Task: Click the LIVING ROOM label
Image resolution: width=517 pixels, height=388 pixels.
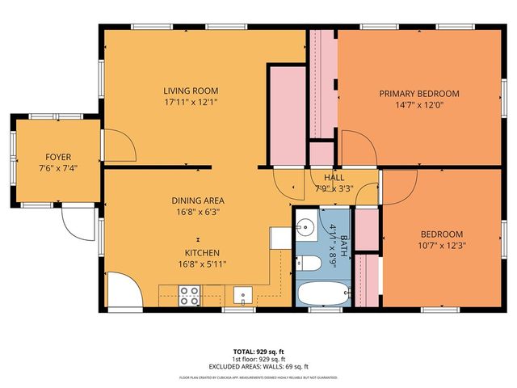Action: [x=191, y=91]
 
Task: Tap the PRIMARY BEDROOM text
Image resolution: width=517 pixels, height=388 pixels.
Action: [x=419, y=93]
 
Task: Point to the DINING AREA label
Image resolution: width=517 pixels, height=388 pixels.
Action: [x=197, y=200]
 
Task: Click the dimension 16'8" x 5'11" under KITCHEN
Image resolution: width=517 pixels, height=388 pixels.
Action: [x=197, y=264]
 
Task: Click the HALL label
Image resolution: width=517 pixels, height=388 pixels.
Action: [x=334, y=178]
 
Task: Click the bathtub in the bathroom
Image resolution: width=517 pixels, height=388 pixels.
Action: [x=323, y=293]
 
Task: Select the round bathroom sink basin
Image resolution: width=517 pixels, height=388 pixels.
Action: [x=305, y=226]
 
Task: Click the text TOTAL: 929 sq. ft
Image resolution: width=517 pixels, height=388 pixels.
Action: [x=258, y=352]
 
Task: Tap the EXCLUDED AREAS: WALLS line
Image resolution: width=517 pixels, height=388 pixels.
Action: [x=258, y=366]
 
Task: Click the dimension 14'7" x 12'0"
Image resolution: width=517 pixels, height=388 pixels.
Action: [x=419, y=104]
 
